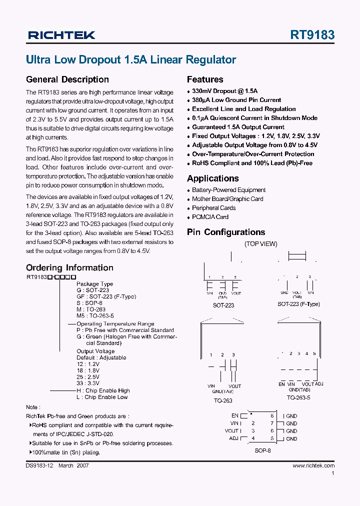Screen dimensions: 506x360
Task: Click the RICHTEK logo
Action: (61, 35)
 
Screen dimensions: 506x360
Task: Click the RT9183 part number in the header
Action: (312, 35)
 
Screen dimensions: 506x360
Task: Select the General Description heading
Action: (67, 79)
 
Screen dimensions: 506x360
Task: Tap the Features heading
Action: (205, 79)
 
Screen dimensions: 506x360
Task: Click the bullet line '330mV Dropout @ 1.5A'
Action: (224, 91)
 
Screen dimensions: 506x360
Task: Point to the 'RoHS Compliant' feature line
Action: (253, 163)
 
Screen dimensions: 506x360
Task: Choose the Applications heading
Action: (212, 178)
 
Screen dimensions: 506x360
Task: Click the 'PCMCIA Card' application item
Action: (210, 217)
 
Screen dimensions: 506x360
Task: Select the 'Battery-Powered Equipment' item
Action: (228, 190)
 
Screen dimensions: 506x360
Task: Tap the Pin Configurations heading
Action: (226, 232)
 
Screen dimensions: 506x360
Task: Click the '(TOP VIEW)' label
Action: (260, 244)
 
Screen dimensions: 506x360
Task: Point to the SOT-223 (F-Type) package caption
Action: (298, 304)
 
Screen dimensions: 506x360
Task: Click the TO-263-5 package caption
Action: (298, 398)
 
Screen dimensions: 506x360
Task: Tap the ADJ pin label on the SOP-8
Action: (233, 438)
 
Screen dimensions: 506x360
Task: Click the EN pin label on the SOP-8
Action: (235, 415)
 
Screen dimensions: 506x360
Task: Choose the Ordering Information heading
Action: (69, 267)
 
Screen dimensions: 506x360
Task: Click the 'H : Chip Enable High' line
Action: (102, 390)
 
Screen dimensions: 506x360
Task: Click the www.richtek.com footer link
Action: (313, 465)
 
